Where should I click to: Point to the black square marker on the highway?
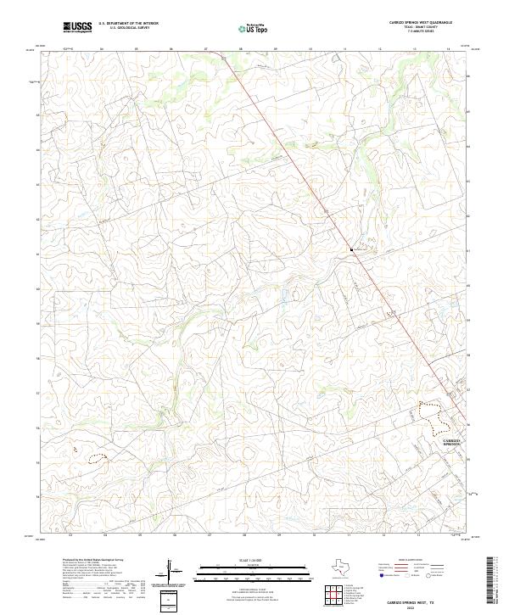click(350, 249)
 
